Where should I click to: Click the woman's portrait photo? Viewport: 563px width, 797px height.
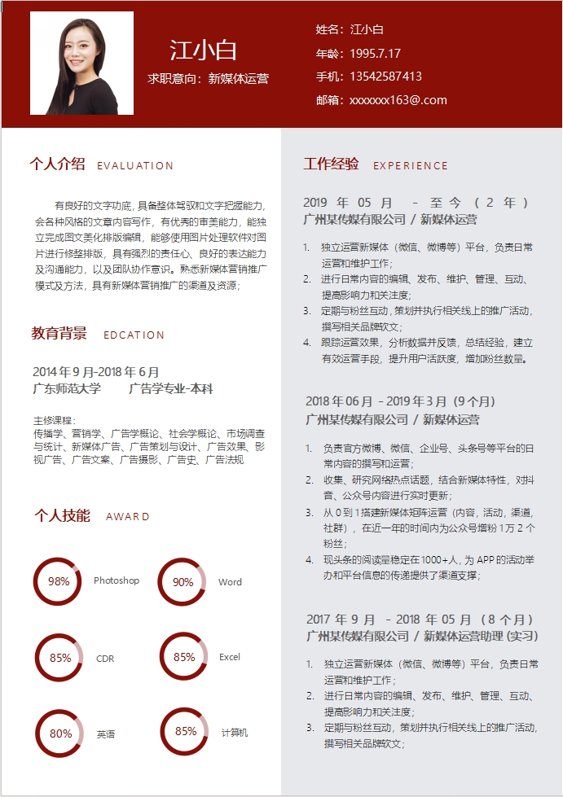point(81,63)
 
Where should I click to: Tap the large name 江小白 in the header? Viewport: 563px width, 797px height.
point(204,50)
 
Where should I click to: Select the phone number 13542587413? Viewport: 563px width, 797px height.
point(385,77)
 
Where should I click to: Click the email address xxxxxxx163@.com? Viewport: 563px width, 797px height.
point(398,100)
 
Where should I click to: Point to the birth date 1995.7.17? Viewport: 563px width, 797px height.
point(376,54)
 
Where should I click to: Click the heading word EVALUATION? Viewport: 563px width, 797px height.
point(135,166)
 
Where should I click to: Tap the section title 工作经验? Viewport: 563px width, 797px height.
point(331,164)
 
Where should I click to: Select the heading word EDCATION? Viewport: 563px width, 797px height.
point(134,335)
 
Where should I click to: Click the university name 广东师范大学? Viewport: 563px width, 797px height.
point(67,389)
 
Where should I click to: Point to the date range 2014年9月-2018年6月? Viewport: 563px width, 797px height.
point(96,372)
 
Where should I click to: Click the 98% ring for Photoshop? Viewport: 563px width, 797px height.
point(59,581)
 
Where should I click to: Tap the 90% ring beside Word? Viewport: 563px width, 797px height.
point(183,582)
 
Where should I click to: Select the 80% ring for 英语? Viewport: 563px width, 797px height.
point(60,734)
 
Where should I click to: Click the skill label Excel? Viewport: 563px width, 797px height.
point(230,657)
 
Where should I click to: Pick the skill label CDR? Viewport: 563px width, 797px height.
point(105,659)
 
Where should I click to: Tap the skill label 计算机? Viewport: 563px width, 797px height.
point(235,734)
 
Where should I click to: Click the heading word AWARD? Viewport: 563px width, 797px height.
point(128,517)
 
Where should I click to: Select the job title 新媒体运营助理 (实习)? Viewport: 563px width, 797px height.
point(480,636)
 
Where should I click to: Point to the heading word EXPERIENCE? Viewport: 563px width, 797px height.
point(411,166)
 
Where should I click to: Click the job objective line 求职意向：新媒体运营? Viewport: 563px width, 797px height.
point(208,79)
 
